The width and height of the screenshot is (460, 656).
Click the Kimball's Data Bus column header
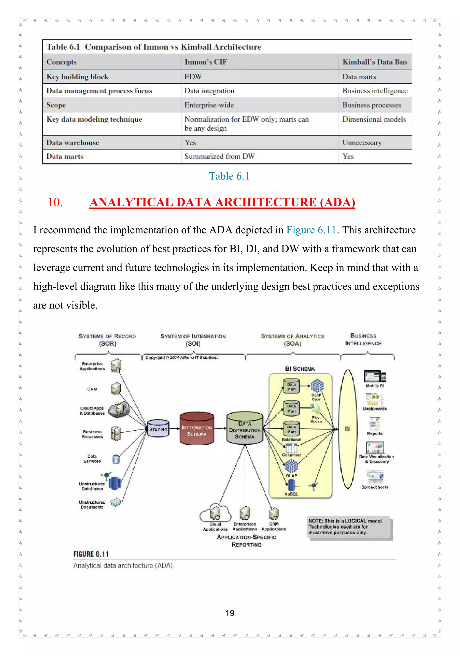coord(374,62)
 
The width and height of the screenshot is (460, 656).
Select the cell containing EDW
coord(193,77)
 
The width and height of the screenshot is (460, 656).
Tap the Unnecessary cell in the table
coord(362,142)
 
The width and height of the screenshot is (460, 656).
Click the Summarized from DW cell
coord(219,156)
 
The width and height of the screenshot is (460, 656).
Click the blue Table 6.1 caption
coord(229,176)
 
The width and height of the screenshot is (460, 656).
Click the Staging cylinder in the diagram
coord(158,428)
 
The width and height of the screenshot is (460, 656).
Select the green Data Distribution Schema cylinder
coord(245,428)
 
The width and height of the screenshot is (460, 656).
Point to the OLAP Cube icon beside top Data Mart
coord(317,386)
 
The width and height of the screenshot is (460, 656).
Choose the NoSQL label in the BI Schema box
coord(291,494)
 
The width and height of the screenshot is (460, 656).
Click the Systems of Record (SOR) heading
coord(107,339)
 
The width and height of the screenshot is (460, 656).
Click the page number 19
coord(230,613)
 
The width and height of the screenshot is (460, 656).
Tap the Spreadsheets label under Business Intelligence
coord(374,487)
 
